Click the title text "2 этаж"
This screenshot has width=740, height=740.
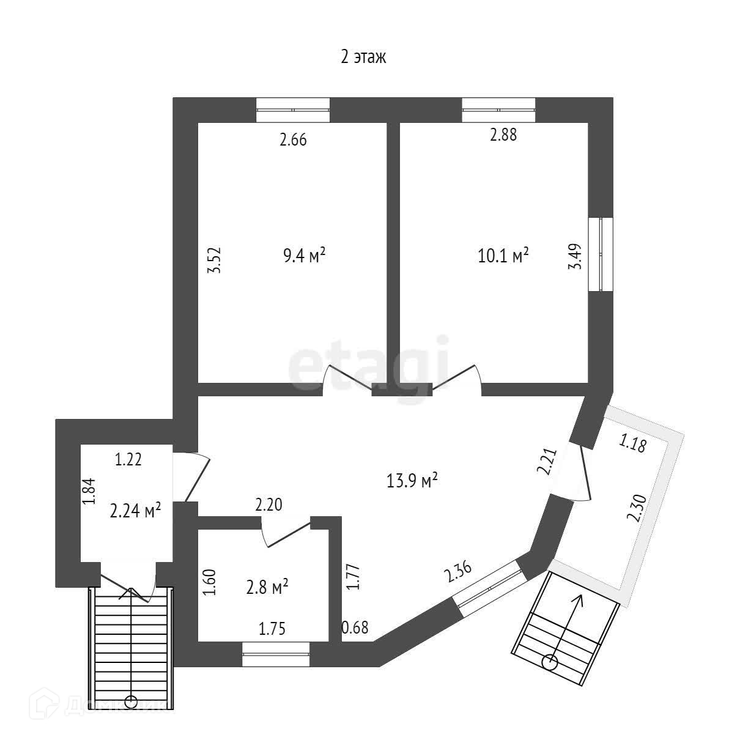(363, 57)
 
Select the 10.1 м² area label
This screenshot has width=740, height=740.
(503, 255)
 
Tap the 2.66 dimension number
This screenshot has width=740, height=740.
(293, 140)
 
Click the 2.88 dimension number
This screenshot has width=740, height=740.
(503, 135)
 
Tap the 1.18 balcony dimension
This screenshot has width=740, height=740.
(633, 443)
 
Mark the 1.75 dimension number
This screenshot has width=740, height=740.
(272, 629)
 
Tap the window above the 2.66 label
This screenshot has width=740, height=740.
(293, 111)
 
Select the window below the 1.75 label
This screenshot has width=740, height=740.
(276, 654)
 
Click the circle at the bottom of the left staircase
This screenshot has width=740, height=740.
(130, 701)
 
